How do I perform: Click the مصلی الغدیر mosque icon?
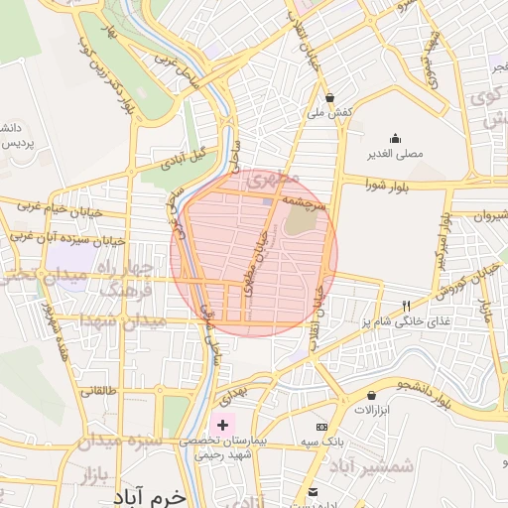(x=396, y=138)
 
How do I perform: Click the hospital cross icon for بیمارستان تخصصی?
(x=222, y=425)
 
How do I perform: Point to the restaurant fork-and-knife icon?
(x=405, y=306)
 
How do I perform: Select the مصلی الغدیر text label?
(x=396, y=155)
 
